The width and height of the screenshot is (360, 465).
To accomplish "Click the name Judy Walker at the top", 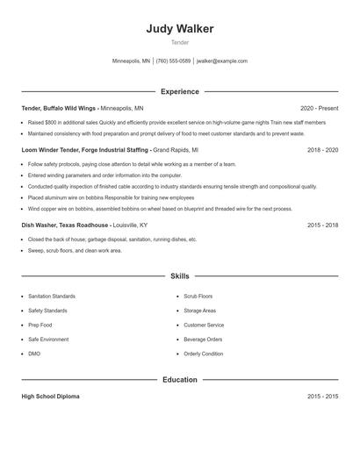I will pyautogui.click(x=180, y=29).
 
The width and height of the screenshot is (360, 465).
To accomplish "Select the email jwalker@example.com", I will pyautogui.click(x=222, y=61).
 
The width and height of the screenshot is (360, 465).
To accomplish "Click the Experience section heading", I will pyautogui.click(x=180, y=91).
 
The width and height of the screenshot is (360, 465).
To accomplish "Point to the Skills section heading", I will pyautogui.click(x=180, y=275).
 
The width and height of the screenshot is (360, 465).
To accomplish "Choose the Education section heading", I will pyautogui.click(x=180, y=380).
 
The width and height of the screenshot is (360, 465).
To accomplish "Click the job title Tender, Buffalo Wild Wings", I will pyautogui.click(x=59, y=108).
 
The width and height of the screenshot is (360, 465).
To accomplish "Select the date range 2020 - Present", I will pyautogui.click(x=319, y=108).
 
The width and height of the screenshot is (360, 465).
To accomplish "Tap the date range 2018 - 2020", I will pyautogui.click(x=322, y=150).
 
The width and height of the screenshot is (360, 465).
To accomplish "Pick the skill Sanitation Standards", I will pyautogui.click(x=52, y=297).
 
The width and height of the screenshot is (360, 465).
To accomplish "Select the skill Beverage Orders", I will pyautogui.click(x=203, y=339).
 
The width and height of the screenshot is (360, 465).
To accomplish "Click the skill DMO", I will pyautogui.click(x=34, y=353).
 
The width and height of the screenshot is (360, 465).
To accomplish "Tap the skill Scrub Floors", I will pyautogui.click(x=198, y=297).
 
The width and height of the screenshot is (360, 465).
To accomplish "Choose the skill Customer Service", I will pyautogui.click(x=204, y=325).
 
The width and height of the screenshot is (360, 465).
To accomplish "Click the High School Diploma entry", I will pyautogui.click(x=50, y=397).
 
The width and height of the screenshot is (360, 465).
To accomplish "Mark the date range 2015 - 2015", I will pyautogui.click(x=322, y=397).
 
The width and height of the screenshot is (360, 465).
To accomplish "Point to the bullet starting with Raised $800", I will pyautogui.click(x=176, y=123).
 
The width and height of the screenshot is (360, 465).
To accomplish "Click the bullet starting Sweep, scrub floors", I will pyautogui.click(x=75, y=250).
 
